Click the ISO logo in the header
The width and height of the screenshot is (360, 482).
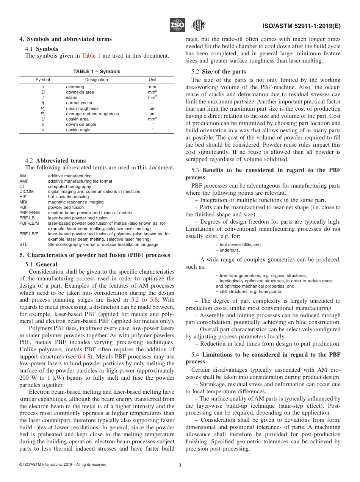pos(177,25)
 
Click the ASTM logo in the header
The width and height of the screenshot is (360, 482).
pos(198,25)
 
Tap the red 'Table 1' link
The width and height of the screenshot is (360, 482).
pos(91,56)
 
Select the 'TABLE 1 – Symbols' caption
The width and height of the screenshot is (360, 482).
pos(97,72)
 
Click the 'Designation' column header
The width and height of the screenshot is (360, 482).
pos(96,80)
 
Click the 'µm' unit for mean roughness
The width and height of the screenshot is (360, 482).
pos(152,108)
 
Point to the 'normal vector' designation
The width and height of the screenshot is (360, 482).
pos(79,103)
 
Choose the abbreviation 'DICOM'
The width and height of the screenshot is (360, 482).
pos(27,192)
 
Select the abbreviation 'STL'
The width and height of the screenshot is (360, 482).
pos(23,245)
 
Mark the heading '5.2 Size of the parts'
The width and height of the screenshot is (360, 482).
pos(219,72)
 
